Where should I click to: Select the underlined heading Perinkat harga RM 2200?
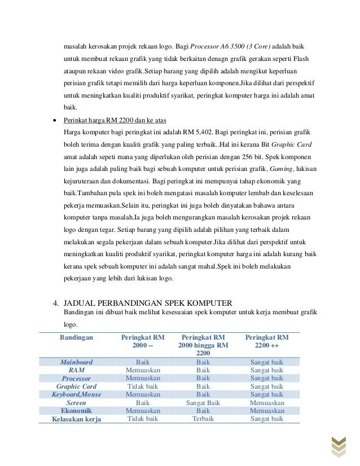click(115, 120)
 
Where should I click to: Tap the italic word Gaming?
click(282, 168)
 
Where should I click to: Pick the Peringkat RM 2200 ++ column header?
click(266, 341)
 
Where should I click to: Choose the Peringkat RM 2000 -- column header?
click(142, 341)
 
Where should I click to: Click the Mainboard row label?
click(76, 362)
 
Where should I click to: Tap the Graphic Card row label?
click(76, 386)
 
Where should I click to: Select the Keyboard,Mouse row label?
click(76, 395)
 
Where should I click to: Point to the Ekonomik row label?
click(76, 411)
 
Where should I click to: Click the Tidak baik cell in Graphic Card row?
click(142, 386)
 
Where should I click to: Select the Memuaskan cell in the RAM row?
click(142, 370)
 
